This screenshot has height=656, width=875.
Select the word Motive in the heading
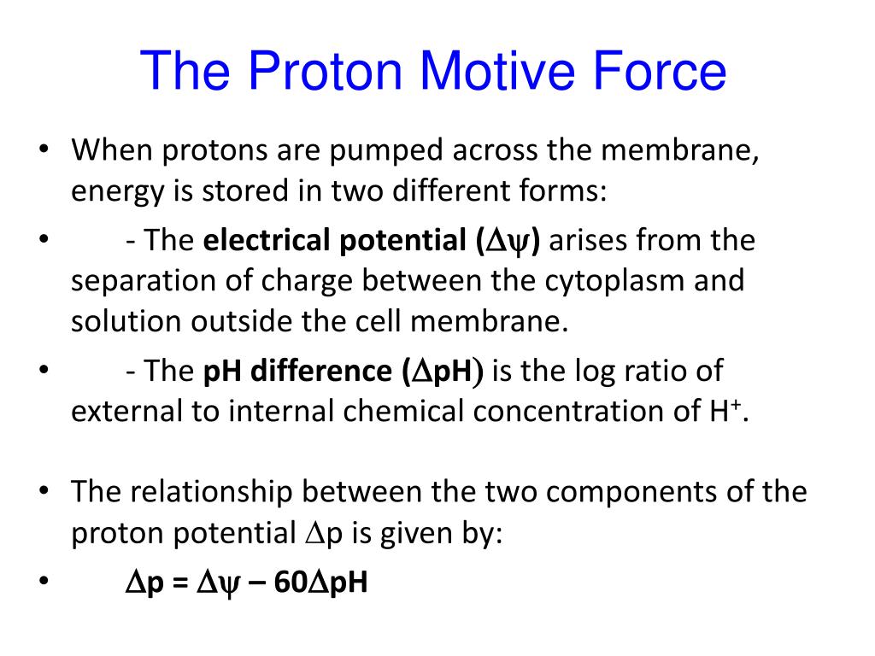coord(490,72)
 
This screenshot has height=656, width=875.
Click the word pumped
coord(389,151)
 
